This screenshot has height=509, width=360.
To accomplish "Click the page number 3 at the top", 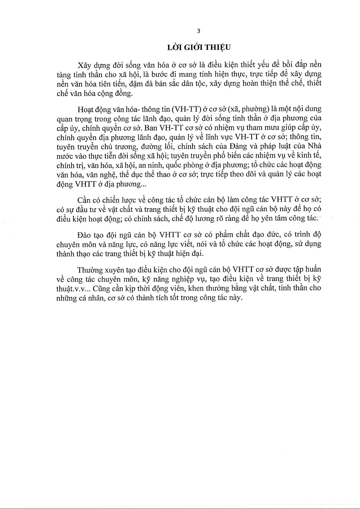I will click(x=198, y=31).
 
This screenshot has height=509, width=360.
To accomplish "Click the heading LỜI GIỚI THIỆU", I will click(x=199, y=47).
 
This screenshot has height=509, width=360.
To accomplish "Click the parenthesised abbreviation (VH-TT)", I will click(x=186, y=109).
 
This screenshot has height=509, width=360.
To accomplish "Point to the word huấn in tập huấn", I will click(x=313, y=269).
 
